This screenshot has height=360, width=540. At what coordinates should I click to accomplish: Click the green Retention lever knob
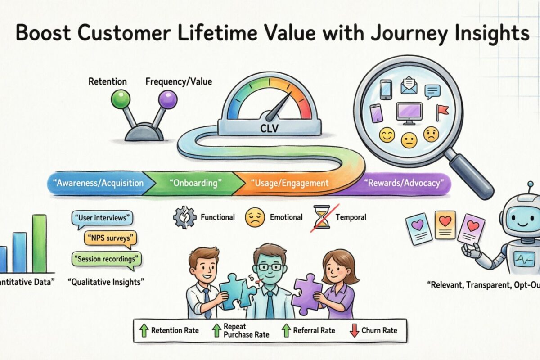coord(120,99)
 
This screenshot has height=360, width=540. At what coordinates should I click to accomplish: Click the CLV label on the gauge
coord(269,129)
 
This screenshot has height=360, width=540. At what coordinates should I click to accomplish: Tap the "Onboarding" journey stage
coord(195,183)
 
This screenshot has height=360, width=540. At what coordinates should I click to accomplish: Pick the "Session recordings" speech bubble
coord(106,259)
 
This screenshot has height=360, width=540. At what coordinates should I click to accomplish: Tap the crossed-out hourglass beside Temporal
coord(320,217)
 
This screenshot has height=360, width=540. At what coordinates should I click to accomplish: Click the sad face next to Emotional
coord(253,217)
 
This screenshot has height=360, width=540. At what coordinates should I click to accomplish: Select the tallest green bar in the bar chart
coord(39,243)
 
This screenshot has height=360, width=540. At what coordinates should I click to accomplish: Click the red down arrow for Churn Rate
coord(354,330)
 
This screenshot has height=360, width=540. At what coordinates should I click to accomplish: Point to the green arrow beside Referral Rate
coord(285,330)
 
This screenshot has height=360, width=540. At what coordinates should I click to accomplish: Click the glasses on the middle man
coord(269,266)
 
